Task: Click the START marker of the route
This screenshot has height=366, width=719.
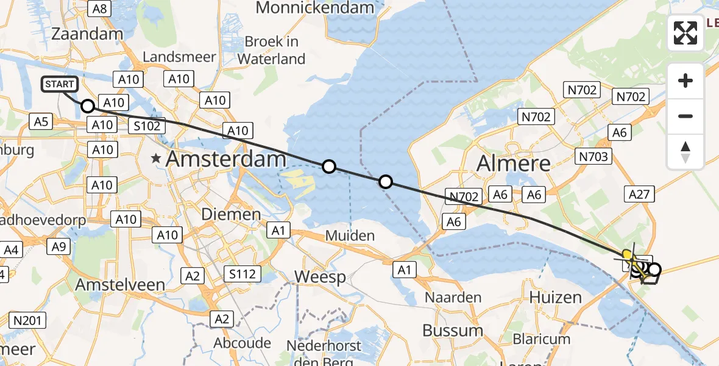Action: click(x=60, y=84)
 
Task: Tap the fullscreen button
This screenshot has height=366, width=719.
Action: click(x=685, y=33)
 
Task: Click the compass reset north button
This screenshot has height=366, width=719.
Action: click(x=685, y=152)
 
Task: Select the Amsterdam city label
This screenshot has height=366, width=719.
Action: click(x=226, y=160)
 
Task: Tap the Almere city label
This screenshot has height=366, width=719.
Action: click(x=514, y=163)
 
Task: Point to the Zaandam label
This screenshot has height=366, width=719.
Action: click(x=88, y=34)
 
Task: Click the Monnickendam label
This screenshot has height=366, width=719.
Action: click(x=314, y=8)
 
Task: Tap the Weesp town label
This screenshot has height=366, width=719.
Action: click(x=321, y=276)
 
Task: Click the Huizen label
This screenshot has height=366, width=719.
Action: click(x=556, y=297)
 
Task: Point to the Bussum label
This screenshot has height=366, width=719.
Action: click(x=453, y=331)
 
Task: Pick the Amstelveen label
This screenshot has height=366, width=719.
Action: click(x=120, y=285)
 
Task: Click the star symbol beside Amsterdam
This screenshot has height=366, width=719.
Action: click(x=157, y=159)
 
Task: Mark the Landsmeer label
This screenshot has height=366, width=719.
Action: click(x=179, y=57)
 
